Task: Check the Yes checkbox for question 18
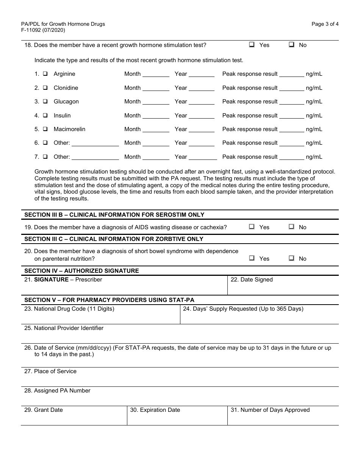[252, 45]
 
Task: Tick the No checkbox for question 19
[291, 227]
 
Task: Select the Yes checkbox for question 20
[252, 258]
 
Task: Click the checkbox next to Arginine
[45, 74]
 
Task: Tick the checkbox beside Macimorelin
[45, 129]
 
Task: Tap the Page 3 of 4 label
[325, 24]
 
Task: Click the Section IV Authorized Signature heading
[81, 271]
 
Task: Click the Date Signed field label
[252, 280]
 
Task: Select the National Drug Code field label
[69, 309]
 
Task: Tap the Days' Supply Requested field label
[243, 309]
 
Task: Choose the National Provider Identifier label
[64, 328]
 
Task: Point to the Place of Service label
[50, 371]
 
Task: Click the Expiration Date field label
[155, 410]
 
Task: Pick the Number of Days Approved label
[270, 410]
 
